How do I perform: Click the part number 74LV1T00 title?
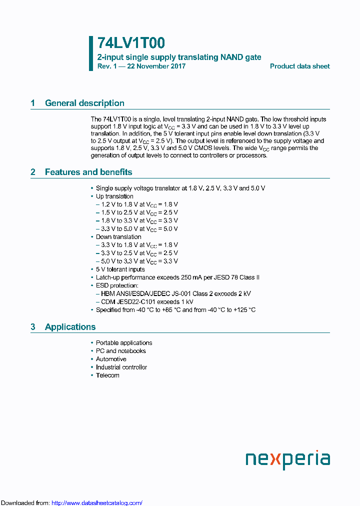(131, 43)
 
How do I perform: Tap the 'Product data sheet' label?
(299, 66)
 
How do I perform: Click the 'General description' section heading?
(84, 103)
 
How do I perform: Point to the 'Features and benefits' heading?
(88, 172)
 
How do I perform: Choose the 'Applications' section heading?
(70, 327)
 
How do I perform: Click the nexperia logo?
(287, 459)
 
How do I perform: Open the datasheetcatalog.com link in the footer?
(97, 503)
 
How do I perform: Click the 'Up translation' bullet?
(114, 196)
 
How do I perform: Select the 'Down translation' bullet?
(118, 237)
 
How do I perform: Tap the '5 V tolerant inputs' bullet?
(120, 269)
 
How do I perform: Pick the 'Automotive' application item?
(111, 359)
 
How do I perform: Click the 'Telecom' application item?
(107, 375)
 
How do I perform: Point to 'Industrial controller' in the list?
(121, 367)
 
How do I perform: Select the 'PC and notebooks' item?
(121, 351)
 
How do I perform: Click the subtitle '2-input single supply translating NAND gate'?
(179, 57)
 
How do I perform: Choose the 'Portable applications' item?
(124, 343)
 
